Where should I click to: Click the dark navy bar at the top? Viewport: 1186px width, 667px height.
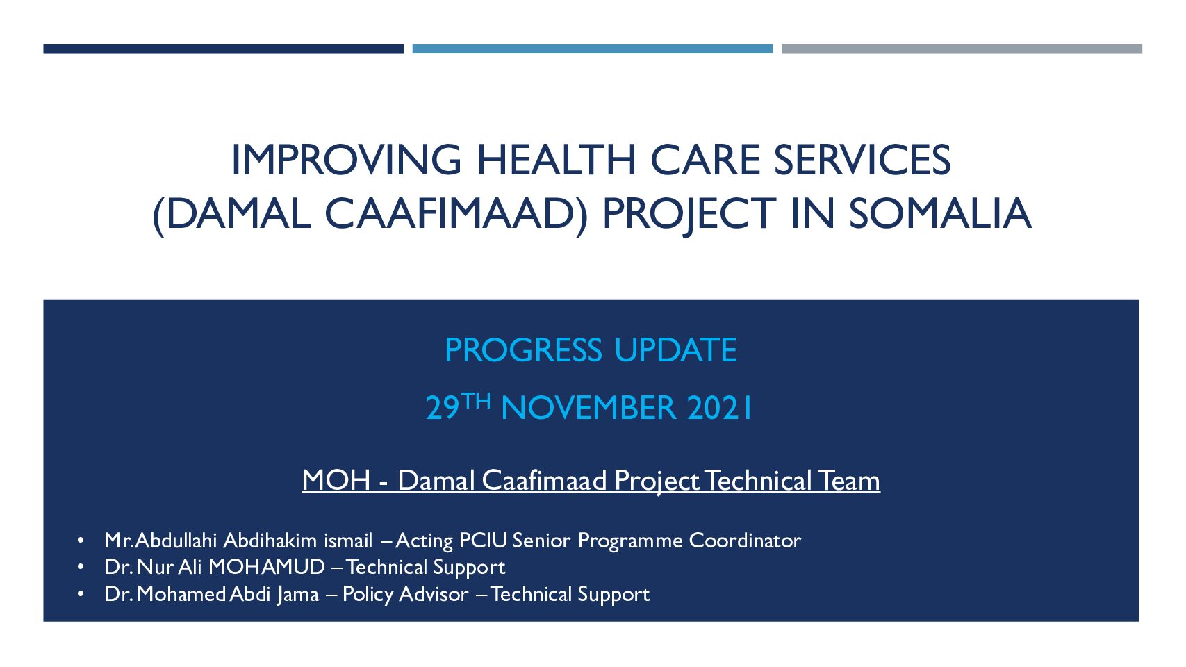(x=224, y=49)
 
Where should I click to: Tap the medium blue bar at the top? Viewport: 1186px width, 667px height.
(x=593, y=49)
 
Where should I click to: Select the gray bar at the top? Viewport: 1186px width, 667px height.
(x=962, y=49)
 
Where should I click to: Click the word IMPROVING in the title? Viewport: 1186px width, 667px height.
(x=347, y=160)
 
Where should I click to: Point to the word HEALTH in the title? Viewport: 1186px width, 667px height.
(x=557, y=160)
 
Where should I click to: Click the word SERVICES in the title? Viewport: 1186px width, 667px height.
(x=862, y=160)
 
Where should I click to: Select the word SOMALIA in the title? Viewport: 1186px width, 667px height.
(x=940, y=213)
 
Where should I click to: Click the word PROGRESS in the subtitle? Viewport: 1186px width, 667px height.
(x=524, y=350)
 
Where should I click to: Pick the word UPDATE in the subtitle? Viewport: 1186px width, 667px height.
(x=675, y=350)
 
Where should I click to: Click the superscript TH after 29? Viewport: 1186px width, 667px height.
(x=476, y=402)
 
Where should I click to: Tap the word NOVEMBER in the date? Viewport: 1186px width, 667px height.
(x=588, y=408)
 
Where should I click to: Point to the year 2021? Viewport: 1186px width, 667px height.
(x=720, y=408)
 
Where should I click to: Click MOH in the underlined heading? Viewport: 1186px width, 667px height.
(x=336, y=481)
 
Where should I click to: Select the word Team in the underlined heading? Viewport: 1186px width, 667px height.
(x=849, y=481)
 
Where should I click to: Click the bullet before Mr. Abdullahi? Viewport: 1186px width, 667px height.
(x=81, y=541)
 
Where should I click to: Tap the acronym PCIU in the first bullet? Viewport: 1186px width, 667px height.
(x=484, y=541)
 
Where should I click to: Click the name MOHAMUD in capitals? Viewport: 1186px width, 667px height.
(x=267, y=567)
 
